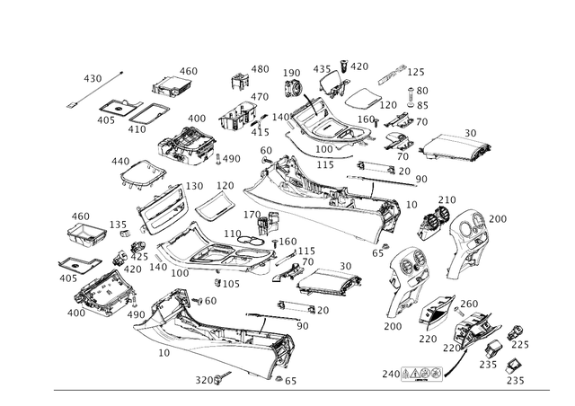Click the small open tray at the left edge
(x=88, y=232)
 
